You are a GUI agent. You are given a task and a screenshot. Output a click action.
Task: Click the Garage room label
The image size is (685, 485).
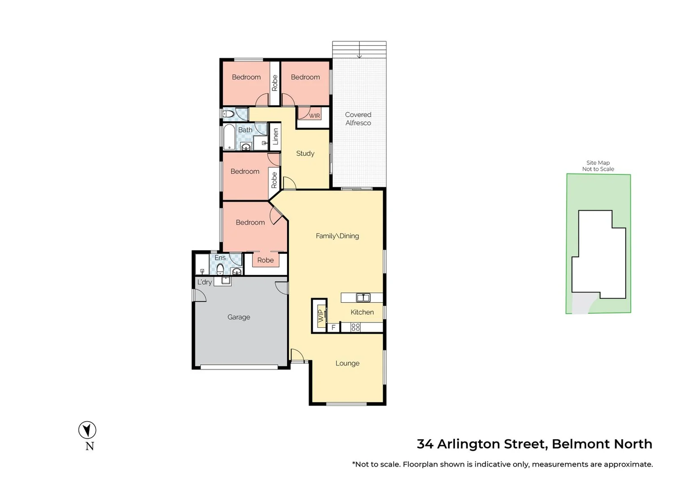[x=239, y=317]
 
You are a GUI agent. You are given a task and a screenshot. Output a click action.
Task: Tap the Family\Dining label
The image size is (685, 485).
[x=337, y=236]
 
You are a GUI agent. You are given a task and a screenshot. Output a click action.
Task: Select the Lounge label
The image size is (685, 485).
[x=347, y=363]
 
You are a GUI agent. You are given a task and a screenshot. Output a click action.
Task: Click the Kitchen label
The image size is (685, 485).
[x=362, y=312]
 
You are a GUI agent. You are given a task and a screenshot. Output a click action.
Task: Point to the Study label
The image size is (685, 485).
[x=305, y=154]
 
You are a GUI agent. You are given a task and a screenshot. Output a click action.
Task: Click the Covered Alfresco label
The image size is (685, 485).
[x=358, y=119]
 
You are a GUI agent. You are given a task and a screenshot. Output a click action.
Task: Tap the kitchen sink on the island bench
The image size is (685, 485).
[x=363, y=297]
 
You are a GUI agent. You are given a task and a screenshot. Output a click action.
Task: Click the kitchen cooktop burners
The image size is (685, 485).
[x=356, y=327]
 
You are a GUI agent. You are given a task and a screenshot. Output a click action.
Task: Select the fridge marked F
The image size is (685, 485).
[x=333, y=328]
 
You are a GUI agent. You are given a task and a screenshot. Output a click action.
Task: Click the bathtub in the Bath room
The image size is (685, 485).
[x=229, y=137]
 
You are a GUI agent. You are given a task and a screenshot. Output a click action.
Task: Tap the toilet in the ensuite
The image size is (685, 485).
[x=220, y=269]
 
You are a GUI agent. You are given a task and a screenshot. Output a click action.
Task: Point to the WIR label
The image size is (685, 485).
[x=314, y=116]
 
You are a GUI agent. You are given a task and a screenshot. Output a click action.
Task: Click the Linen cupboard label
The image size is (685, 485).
[x=275, y=136]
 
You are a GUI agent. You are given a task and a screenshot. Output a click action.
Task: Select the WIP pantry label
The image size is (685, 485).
[x=320, y=316]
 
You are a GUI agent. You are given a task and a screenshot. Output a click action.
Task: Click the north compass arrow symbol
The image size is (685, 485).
[x=87, y=430]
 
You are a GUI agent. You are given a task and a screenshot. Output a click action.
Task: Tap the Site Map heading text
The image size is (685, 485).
[x=598, y=163]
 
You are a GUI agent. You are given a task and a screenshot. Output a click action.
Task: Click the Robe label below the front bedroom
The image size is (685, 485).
[x=266, y=260]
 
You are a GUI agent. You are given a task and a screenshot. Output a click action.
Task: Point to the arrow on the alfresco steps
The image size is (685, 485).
[x=359, y=55]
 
